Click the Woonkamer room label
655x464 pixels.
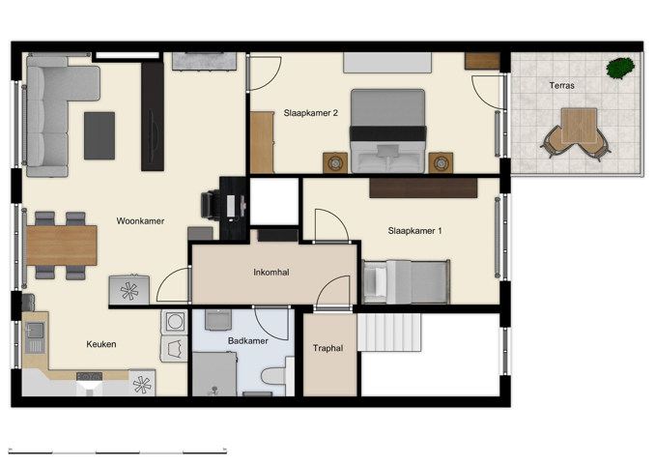coord(140,221)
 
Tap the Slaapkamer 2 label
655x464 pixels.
coord(310,113)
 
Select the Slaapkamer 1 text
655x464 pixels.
coord(414,230)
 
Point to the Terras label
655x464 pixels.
coord(561,86)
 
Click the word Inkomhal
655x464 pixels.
coord(271,273)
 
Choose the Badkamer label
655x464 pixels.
coord(248,341)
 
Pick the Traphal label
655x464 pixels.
coord(328,348)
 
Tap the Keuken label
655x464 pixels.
coord(101,344)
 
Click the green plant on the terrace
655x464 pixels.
coord(620,68)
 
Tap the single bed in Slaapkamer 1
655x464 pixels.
coord(406,282)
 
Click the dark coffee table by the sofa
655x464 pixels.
coord(100,135)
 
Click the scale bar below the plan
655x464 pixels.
coord(117,449)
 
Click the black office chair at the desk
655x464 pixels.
coord(211,205)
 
